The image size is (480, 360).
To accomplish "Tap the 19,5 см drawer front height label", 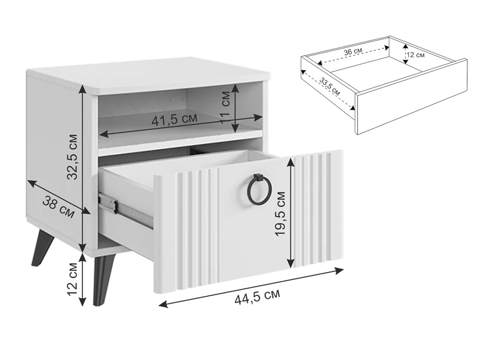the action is pos(280,213).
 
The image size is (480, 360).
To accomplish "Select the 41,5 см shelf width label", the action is pos(174,120).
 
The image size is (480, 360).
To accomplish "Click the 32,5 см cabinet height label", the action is pos(73,157).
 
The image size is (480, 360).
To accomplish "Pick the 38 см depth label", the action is pos(58,207).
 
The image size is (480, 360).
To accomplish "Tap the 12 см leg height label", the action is pos(73,278).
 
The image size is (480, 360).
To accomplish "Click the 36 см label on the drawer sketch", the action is pos(352,52).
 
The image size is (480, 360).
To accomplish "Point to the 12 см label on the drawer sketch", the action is pos(415,55).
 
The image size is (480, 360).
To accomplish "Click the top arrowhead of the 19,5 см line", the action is pos(291,162).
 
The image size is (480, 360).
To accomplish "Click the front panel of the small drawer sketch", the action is pos(411,97).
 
